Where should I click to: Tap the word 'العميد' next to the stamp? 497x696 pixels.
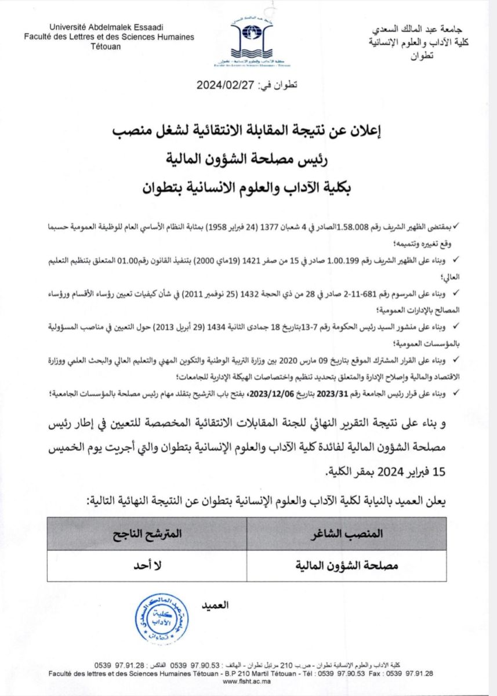click(x=215, y=605)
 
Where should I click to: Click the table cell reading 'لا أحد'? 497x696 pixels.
click(x=147, y=565)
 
